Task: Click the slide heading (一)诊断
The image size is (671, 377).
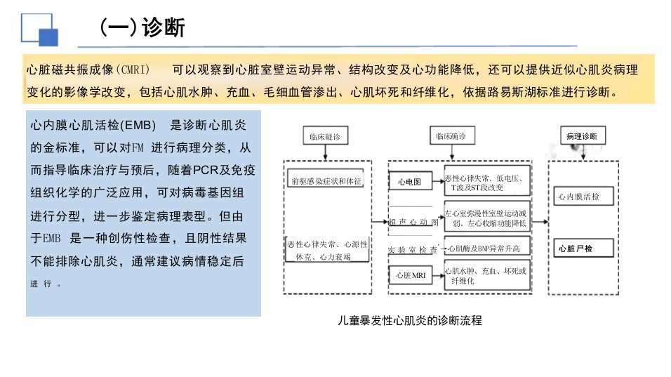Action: (142, 27)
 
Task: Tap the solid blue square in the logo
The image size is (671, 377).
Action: (48, 37)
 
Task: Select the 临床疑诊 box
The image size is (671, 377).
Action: (325, 135)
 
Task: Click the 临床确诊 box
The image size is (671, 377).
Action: (452, 135)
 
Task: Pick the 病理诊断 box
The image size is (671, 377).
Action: (583, 135)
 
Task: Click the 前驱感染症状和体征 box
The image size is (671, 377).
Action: (326, 180)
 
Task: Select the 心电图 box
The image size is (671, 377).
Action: (410, 181)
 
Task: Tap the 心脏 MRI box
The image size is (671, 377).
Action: (411, 275)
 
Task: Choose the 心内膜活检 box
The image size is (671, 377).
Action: (583, 196)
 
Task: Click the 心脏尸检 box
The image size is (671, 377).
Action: (583, 248)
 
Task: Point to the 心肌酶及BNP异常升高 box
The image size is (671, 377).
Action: (487, 248)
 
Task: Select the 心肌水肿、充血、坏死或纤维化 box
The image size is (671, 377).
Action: (487, 275)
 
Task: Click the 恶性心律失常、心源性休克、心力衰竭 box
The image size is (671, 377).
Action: (327, 250)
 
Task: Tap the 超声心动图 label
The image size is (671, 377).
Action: (413, 222)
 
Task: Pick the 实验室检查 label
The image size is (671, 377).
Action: (413, 249)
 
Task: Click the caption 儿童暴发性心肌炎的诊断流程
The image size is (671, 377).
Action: (410, 321)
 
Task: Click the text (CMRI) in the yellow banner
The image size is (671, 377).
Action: (133, 69)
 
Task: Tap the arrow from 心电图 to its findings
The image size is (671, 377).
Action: (438, 181)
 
